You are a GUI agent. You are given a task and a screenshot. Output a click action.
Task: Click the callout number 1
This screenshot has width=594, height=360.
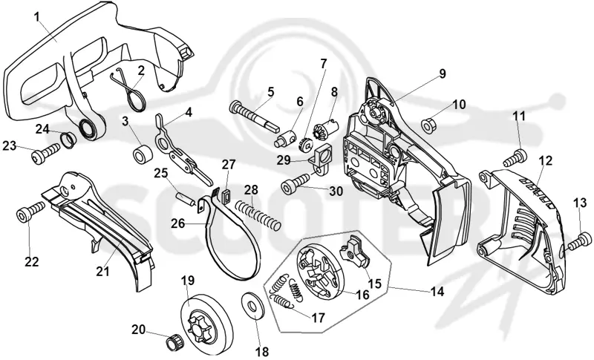point(36,17)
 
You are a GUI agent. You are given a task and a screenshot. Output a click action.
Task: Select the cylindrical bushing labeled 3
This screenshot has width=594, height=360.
point(143,154)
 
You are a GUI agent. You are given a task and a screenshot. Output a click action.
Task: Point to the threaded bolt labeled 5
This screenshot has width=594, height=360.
point(254,115)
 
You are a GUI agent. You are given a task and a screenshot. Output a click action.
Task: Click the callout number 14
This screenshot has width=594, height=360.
point(437,292)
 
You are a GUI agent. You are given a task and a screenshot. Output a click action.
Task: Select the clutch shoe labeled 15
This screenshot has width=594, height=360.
point(355,250)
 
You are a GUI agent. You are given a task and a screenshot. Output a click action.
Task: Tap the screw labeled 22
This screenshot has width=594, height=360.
point(30,212)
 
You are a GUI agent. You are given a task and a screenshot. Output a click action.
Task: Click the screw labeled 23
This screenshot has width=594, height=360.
point(45,154)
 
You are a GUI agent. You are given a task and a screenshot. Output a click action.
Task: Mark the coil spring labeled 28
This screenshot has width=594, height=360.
point(258,215)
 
